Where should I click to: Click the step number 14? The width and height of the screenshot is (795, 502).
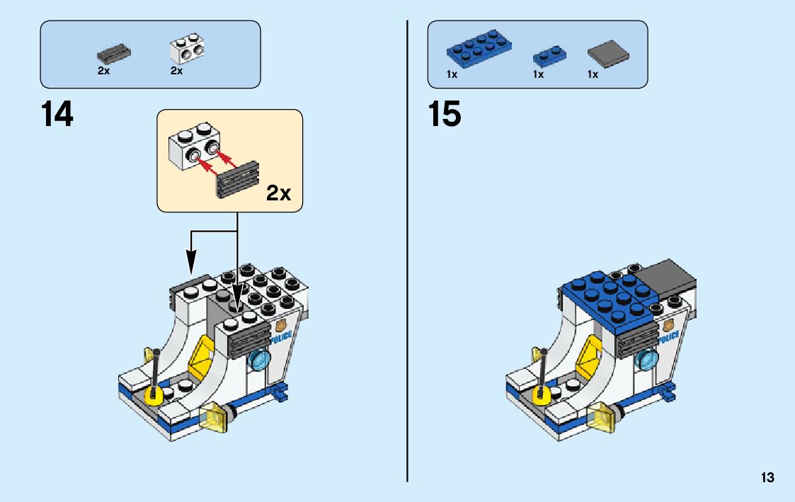coord(57,115)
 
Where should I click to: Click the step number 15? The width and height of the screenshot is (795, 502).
coord(445,115)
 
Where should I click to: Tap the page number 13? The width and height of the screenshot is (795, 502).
coord(767,478)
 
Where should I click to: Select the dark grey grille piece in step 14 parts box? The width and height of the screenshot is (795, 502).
coord(114,53)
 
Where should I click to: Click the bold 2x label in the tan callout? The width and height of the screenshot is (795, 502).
coord(278,193)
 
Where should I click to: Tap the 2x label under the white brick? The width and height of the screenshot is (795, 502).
coord(176,71)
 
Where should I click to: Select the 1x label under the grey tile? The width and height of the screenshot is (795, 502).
coord(593,74)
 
